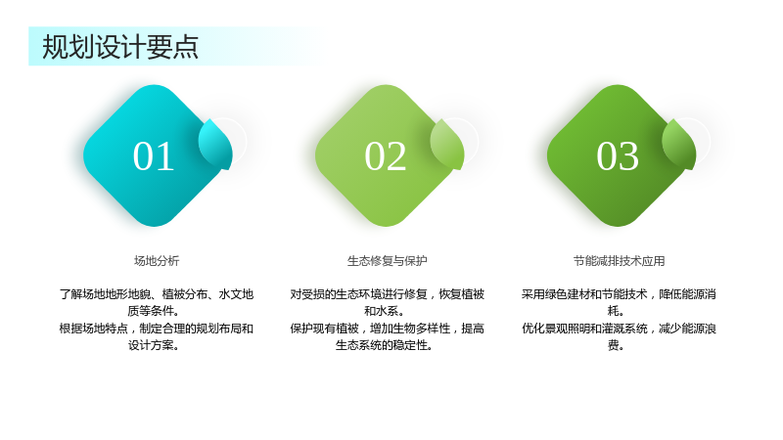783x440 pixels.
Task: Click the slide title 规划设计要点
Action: click(x=120, y=47)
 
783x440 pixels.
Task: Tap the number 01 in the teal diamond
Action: click(x=154, y=156)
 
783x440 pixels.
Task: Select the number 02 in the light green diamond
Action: click(x=385, y=156)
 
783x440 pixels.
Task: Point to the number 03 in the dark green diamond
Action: click(x=618, y=156)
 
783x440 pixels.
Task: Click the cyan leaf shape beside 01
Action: click(x=215, y=144)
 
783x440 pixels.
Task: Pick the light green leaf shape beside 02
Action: click(x=447, y=144)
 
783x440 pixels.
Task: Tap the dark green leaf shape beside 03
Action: click(x=679, y=144)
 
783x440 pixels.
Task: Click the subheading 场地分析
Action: click(x=157, y=261)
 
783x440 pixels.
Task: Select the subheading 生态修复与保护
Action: click(x=387, y=261)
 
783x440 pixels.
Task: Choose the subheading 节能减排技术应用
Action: click(x=619, y=261)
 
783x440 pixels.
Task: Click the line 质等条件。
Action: click(x=154, y=311)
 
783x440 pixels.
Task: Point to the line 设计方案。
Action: click(x=154, y=345)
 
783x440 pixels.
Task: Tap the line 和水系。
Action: click(x=384, y=311)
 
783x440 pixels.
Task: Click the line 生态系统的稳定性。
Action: click(x=384, y=345)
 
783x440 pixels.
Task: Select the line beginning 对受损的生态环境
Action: click(x=387, y=294)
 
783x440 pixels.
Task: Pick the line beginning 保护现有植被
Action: click(x=387, y=329)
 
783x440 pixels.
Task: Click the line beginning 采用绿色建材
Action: click(x=619, y=294)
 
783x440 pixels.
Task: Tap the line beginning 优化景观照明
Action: click(x=619, y=329)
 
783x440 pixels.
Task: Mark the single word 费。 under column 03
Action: click(x=616, y=345)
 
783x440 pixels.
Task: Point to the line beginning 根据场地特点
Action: click(x=157, y=329)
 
